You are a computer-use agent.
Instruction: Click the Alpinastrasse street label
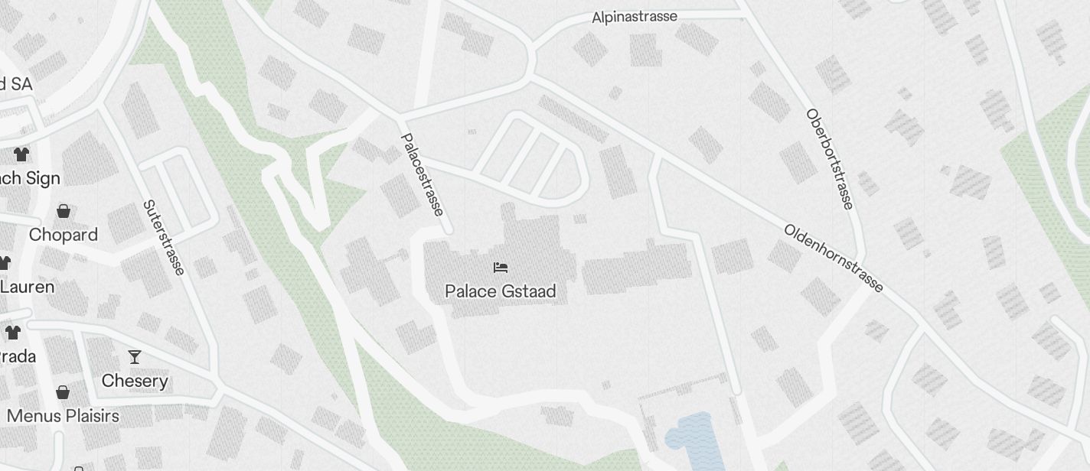tap(635, 16)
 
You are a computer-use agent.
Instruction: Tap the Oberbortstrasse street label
tap(828, 159)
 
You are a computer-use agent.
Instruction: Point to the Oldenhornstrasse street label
tap(834, 258)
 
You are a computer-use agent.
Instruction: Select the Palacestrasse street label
tap(423, 175)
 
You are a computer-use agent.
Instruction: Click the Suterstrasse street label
tap(164, 237)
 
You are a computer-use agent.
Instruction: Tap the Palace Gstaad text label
tap(501, 291)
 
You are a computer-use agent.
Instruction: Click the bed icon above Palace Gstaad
tap(501, 268)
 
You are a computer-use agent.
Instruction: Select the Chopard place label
tap(64, 235)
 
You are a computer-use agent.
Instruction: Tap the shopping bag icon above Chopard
tap(64, 210)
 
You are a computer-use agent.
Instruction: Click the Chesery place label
tap(135, 381)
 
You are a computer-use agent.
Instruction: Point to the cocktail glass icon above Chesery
tap(135, 357)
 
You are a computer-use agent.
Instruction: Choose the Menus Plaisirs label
tap(63, 416)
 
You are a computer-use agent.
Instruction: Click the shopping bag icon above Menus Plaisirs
tap(63, 392)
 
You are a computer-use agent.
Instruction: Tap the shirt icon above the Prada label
tap(13, 332)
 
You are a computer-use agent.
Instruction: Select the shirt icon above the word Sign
tap(21, 154)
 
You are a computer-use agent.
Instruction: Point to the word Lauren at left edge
tap(28, 287)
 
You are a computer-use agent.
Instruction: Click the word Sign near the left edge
tap(42, 178)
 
